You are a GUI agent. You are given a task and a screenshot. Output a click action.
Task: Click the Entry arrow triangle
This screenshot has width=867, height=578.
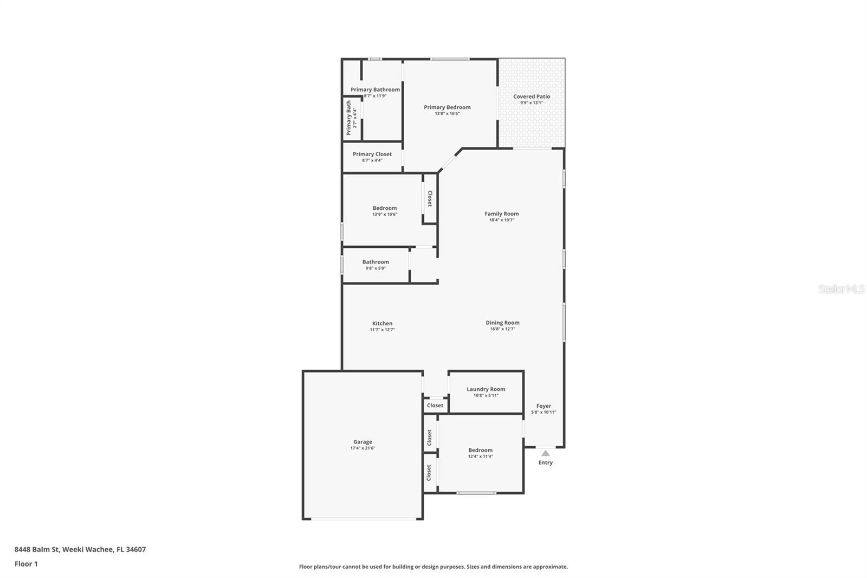click(x=546, y=453)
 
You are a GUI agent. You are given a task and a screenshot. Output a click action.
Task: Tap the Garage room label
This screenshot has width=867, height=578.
click(x=363, y=442)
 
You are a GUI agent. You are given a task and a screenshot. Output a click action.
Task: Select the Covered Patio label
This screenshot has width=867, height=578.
click(x=532, y=97)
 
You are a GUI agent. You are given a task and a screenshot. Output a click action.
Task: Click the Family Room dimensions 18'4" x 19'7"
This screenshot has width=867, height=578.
click(x=502, y=220)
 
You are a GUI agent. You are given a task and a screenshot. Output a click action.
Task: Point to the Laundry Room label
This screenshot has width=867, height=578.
click(x=486, y=389)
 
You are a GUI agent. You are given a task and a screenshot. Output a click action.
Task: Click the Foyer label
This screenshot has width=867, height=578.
click(x=544, y=406)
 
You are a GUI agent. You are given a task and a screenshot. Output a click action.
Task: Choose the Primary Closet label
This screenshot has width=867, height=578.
click(x=372, y=154)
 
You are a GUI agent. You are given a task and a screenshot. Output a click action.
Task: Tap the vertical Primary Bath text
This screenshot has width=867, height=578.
click(x=348, y=118)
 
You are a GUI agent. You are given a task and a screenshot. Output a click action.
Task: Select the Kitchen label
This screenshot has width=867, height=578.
click(x=382, y=323)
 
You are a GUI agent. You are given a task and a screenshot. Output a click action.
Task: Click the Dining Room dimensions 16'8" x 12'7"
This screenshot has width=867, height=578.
click(x=502, y=329)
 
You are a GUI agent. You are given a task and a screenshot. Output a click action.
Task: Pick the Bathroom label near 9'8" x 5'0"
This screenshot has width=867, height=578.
click(x=376, y=262)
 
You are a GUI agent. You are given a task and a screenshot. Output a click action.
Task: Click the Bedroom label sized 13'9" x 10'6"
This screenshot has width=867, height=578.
click(x=385, y=208)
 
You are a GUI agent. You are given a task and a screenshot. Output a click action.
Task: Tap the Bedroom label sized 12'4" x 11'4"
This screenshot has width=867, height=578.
click(x=481, y=450)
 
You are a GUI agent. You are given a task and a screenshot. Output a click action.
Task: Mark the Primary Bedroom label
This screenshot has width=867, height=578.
click(x=447, y=107)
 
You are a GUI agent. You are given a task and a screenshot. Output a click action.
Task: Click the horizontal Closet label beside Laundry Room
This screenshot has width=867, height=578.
click(x=435, y=405)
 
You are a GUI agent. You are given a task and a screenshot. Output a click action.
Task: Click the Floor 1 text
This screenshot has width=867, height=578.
click(x=26, y=564)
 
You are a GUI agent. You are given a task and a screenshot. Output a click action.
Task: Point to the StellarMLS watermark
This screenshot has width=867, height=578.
click(x=841, y=289)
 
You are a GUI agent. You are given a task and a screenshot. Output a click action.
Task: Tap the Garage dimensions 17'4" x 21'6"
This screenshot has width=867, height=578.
click(x=363, y=448)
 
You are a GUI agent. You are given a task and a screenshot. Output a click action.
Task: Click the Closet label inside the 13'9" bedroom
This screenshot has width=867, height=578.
click(x=430, y=198)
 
